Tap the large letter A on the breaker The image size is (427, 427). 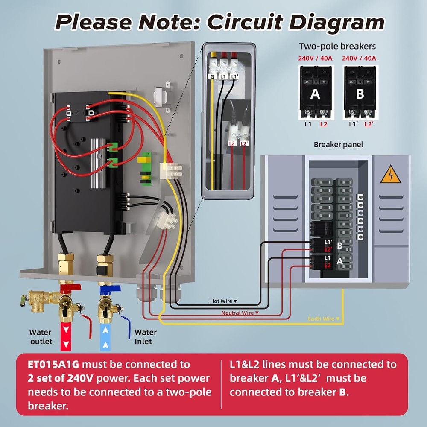click(315, 94)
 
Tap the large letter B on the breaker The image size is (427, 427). click(360, 94)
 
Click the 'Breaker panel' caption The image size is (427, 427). click(338, 144)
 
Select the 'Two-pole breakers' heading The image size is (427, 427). click(337, 46)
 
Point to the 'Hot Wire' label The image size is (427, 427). click(221, 301)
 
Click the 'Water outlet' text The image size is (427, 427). click(41, 336)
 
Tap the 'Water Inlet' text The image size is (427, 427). click(146, 336)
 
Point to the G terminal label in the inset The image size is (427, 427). click(212, 76)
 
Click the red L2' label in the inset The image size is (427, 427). click(244, 144)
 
